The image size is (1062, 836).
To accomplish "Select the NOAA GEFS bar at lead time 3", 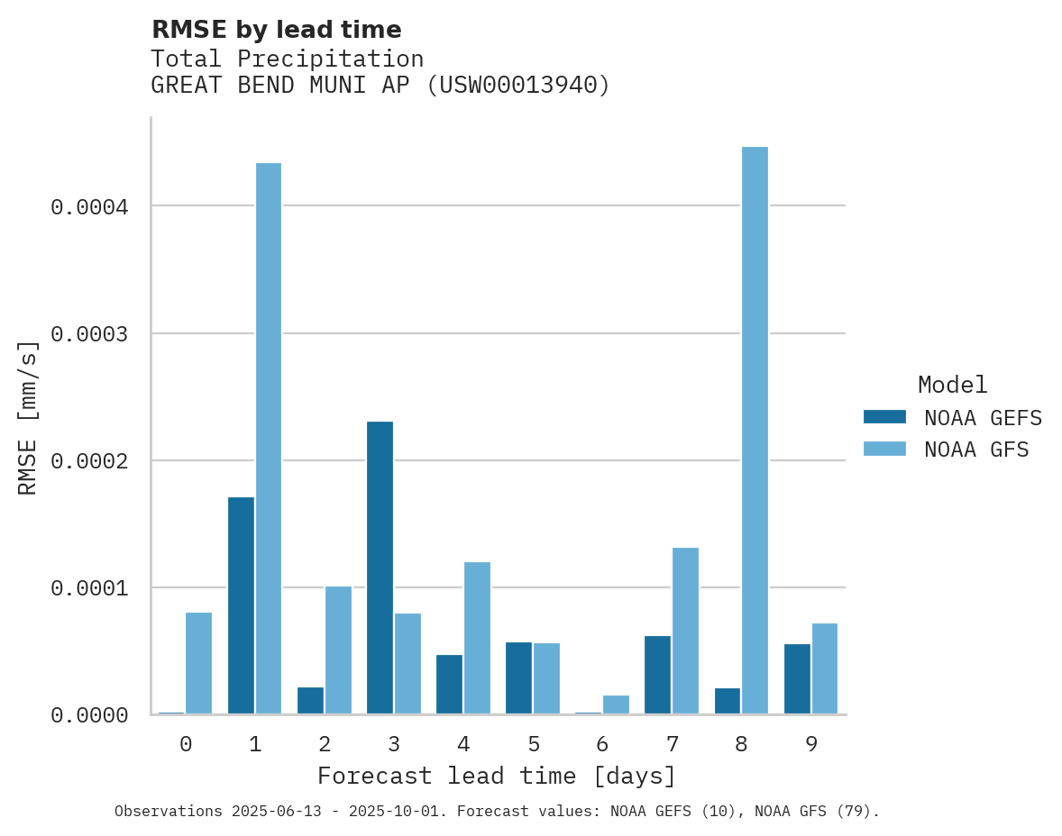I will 380,568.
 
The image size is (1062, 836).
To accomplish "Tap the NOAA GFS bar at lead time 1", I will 269,439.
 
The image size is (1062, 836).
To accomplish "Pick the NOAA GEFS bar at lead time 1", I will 241,605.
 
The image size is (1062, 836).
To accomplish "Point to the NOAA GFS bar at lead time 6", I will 616,704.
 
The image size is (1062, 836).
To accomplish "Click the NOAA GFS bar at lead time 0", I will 198,663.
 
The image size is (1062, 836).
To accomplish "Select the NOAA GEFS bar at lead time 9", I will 797,679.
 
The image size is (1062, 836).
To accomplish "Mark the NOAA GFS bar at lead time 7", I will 685,631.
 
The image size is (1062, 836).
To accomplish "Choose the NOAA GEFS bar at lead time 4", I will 449,685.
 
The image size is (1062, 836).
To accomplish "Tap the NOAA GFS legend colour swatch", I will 884,449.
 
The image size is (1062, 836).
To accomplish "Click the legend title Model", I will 952,385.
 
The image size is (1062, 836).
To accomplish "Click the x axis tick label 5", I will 534,744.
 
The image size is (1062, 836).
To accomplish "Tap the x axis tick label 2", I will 325,744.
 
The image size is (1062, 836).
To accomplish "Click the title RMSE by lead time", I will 276,30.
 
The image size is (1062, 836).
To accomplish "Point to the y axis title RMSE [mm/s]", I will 28,417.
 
